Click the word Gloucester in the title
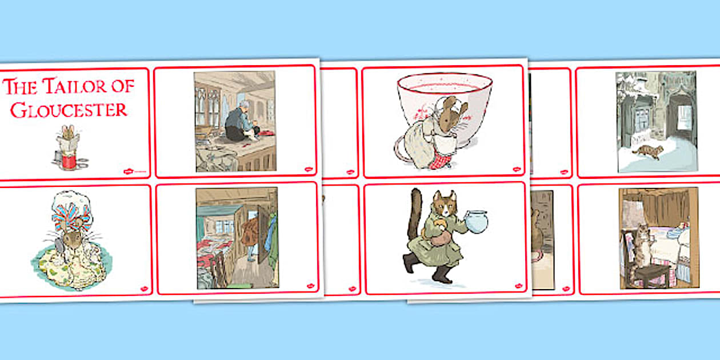[x=69, y=110]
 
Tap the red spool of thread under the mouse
[x=69, y=161]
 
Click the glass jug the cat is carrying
[x=477, y=221]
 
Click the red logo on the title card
[x=129, y=171]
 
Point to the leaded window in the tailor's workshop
[x=208, y=106]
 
